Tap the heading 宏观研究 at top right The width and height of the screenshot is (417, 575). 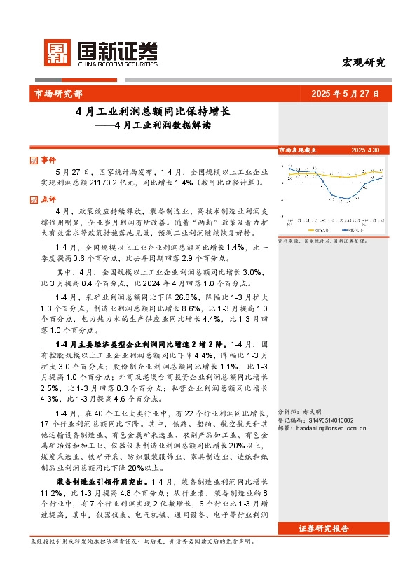[363, 62]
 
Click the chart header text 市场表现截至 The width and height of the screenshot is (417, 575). [297, 150]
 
